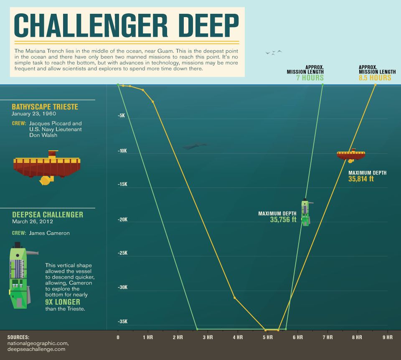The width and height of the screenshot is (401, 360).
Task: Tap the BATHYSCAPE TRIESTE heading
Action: [x=45, y=107]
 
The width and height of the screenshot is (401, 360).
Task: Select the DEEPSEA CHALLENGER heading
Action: [x=47, y=215]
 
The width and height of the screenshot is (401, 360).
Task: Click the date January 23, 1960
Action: [x=34, y=114]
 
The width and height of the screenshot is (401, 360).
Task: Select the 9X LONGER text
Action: [x=63, y=302]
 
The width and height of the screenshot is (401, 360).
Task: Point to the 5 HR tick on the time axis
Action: [x=268, y=337]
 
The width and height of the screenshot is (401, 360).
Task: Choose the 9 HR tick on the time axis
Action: [x=387, y=337]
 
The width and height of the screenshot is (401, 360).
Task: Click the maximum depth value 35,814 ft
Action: [x=361, y=179]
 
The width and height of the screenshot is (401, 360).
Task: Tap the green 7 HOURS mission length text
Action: [x=310, y=78]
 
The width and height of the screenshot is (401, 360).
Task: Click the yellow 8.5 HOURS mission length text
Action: [x=375, y=78]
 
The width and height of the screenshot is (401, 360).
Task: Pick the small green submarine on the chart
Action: [x=306, y=213]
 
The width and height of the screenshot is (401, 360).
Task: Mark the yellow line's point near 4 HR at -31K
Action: [x=235, y=297]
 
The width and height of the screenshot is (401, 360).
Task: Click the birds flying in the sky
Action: [x=274, y=52]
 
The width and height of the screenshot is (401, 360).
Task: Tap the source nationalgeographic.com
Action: [x=38, y=343]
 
